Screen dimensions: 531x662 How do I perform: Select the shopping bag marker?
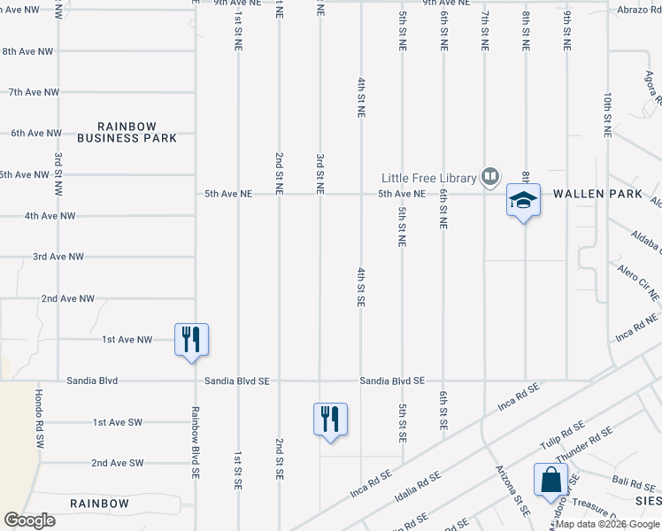coord(550,481)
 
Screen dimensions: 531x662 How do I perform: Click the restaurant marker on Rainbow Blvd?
coord(191,339)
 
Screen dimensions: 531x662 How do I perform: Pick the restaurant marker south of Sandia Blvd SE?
coord(330,419)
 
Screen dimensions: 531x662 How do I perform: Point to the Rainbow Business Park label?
coord(127,132)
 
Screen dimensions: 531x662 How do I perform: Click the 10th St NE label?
coord(607,115)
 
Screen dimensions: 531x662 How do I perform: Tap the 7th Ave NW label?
coord(34,92)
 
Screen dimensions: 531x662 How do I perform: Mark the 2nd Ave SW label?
coord(117,463)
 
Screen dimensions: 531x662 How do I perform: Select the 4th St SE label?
coord(361,286)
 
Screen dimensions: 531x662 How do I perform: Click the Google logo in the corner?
coord(29,520)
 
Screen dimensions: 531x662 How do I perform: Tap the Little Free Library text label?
coord(429,177)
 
